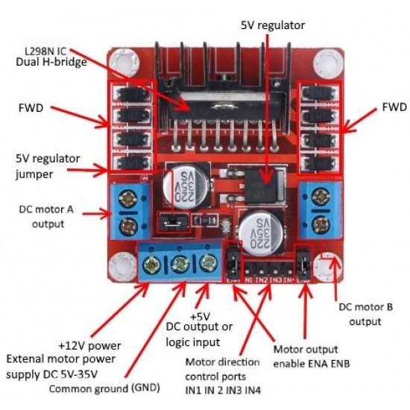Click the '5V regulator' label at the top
click(272, 25)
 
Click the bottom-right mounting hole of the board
click(326, 263)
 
